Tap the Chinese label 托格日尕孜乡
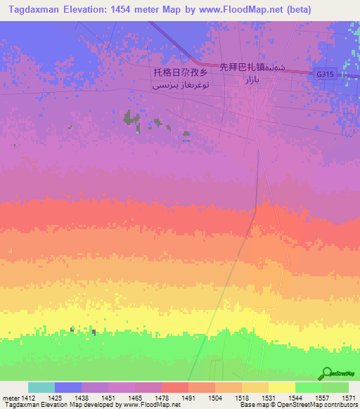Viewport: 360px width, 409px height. [x=180, y=72]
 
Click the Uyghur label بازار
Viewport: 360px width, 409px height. [x=252, y=82]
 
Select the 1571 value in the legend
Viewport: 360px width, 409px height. [x=349, y=398]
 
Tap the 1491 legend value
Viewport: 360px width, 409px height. [x=188, y=398]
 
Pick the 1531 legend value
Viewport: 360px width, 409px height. [x=269, y=398]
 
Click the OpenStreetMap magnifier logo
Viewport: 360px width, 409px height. [x=326, y=373]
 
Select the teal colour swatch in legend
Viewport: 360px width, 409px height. [x=41, y=387]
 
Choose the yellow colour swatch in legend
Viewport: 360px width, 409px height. [x=282, y=387]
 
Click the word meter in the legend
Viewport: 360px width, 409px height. [x=9, y=398]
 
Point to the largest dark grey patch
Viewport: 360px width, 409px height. [x=131, y=117]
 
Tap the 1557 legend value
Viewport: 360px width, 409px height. [x=322, y=398]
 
